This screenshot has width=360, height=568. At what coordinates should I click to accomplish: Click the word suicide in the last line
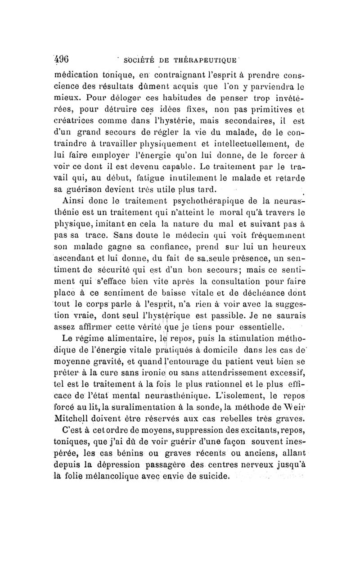[211, 477]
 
